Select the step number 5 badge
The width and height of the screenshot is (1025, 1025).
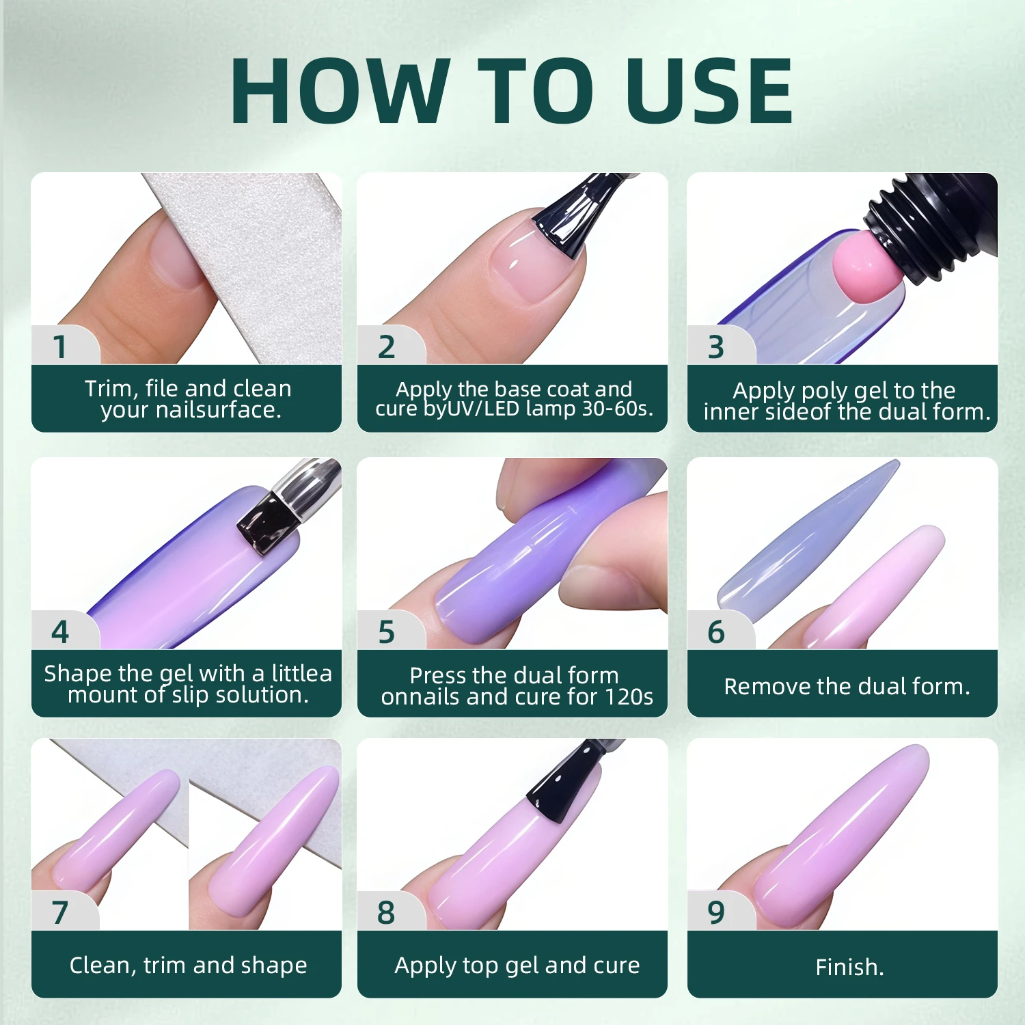(387, 631)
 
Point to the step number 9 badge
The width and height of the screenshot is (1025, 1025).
(716, 912)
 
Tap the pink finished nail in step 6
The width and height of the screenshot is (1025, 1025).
(875, 588)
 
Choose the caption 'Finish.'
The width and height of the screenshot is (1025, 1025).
(849, 967)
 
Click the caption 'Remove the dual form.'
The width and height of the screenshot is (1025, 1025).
(847, 686)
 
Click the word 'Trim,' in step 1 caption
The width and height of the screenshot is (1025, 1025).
(111, 388)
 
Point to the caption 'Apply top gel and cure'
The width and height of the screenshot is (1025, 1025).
(517, 965)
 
